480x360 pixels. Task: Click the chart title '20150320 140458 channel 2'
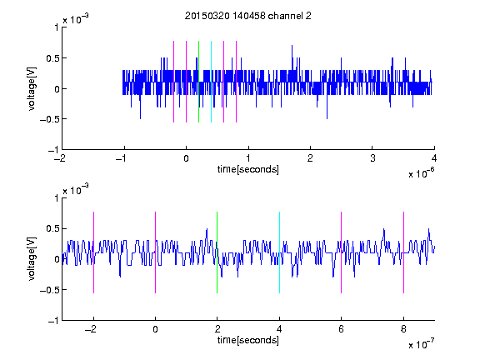(x=248, y=16)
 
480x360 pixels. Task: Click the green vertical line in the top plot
(x=198, y=82)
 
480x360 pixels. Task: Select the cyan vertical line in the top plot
(x=211, y=82)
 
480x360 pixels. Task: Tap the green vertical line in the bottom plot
(x=217, y=252)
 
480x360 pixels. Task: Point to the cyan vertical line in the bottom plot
(x=279, y=252)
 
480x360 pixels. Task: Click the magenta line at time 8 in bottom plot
(x=404, y=252)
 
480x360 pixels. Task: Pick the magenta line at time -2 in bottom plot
(x=93, y=252)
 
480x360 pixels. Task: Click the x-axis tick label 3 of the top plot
(x=372, y=158)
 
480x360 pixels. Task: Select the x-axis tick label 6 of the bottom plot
(x=342, y=329)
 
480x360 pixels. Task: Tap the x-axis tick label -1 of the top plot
(x=122, y=158)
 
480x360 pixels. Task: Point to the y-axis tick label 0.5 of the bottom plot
(x=52, y=228)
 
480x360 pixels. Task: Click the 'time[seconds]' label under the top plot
(x=248, y=169)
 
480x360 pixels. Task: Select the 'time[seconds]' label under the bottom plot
(x=248, y=340)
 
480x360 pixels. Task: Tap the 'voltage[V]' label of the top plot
(x=32, y=88)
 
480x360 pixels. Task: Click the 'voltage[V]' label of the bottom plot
(x=32, y=259)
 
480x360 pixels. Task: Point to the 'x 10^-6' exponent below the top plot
(x=421, y=173)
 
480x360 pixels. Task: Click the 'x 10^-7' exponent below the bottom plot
(x=421, y=344)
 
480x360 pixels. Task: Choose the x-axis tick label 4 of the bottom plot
(x=279, y=329)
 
